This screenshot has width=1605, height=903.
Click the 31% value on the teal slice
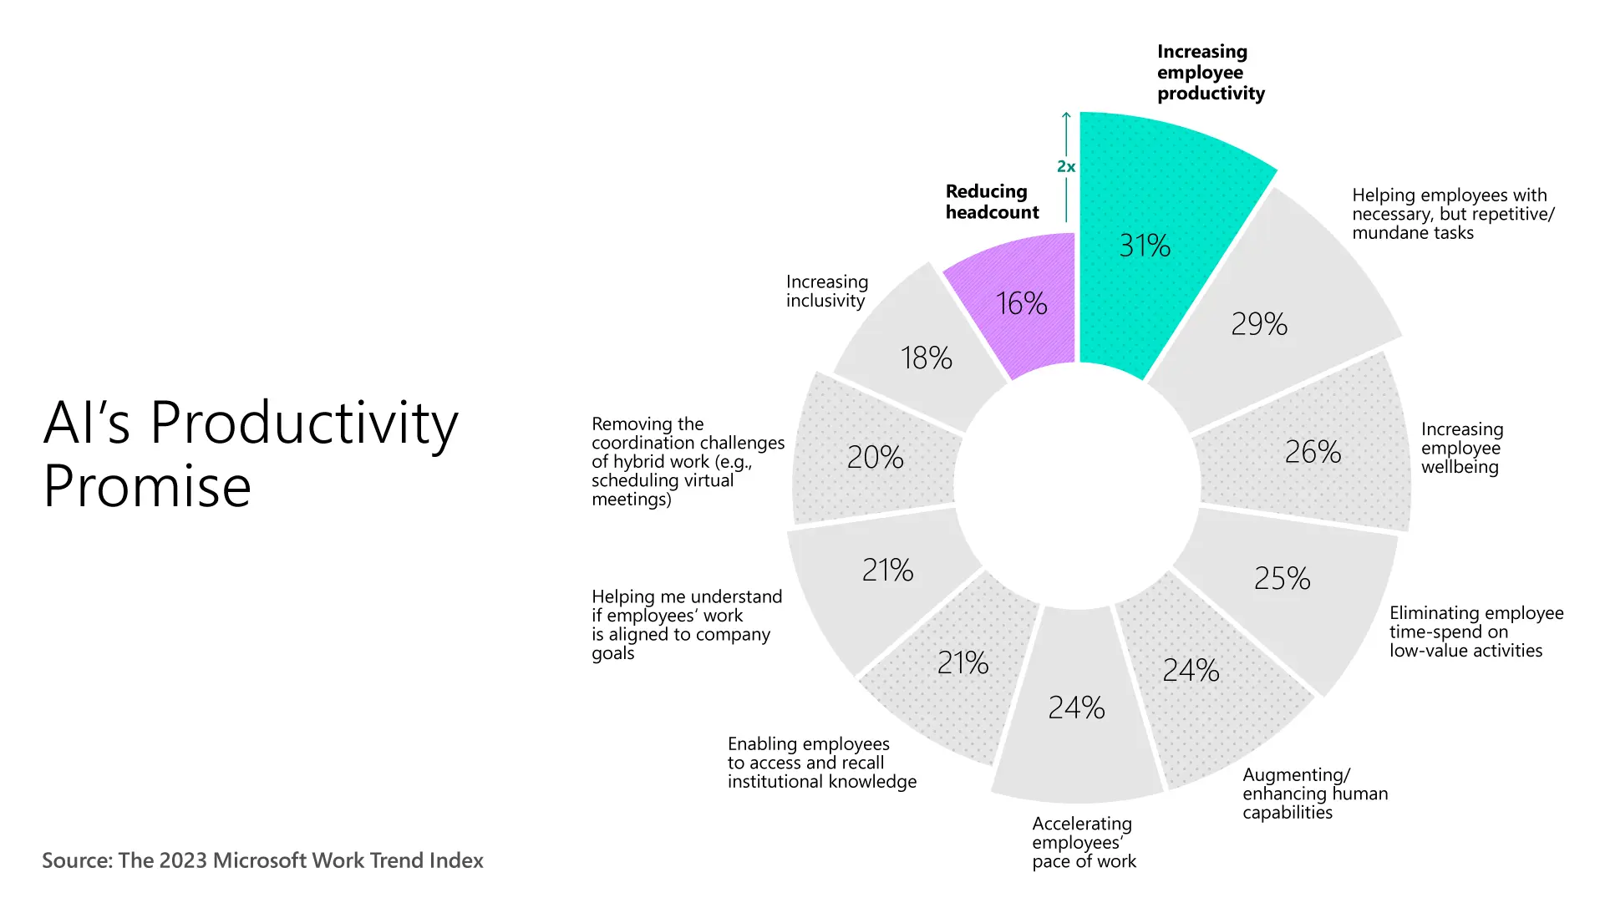(1145, 246)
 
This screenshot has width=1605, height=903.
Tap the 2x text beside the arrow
(1066, 167)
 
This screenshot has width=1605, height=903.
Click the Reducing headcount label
(992, 202)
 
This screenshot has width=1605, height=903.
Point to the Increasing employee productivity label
(1210, 73)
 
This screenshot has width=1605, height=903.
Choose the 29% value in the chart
(1259, 324)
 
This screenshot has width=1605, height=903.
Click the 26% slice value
(1313, 453)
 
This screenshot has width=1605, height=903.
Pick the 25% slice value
(1282, 579)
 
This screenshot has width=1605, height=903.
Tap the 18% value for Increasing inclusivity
(926, 358)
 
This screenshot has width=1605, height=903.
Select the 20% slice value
(875, 458)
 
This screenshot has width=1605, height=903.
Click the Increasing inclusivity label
(826, 292)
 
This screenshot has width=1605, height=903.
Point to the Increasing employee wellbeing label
(1462, 449)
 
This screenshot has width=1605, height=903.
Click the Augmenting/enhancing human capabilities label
(1314, 794)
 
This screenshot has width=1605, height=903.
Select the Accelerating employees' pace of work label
(1084, 842)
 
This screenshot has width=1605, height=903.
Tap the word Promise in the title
(147, 486)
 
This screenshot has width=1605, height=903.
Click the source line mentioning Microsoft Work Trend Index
(262, 860)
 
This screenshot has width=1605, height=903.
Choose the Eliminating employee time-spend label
(1475, 632)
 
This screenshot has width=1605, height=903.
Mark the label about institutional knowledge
(821, 763)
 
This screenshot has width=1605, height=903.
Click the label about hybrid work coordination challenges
(687, 462)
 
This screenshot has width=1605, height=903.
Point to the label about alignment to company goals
(686, 625)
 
